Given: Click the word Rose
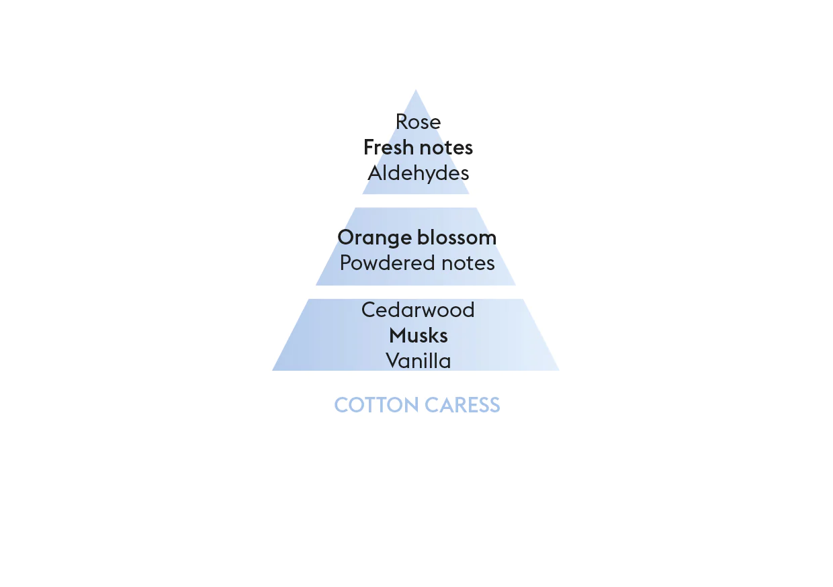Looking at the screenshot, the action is coord(418,122).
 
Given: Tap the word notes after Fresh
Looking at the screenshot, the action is coord(447,148).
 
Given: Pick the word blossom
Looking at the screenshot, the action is coord(457,237).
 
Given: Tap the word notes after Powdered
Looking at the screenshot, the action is coord(468,263).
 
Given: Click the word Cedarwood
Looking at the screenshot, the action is coord(418,310).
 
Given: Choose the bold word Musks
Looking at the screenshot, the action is coord(419,335).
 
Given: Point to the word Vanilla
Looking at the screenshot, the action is coord(419,361).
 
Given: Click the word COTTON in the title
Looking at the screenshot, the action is coord(376,405).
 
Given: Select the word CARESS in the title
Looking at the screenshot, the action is coord(462,405).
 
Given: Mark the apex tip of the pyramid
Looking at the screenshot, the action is coord(416,89).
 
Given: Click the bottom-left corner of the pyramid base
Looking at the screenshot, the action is coord(272,370).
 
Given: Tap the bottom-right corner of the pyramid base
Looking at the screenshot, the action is coord(560,370).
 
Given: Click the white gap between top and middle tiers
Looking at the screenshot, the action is coord(416,201).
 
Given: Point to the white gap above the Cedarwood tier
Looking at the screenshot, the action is coord(416,292).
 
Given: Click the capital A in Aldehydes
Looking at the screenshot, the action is coord(376,173).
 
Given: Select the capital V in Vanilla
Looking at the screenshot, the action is coord(393,361).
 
